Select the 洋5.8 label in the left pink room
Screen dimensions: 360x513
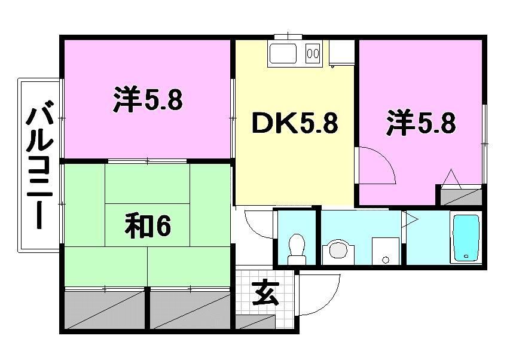click(147, 100)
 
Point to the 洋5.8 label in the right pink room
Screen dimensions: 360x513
click(421, 124)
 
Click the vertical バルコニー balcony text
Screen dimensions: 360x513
click(40, 166)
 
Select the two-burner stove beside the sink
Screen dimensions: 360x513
click(313, 54)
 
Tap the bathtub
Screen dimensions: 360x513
click(466, 237)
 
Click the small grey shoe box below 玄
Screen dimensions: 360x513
click(253, 322)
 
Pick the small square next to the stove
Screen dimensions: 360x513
click(342, 53)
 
